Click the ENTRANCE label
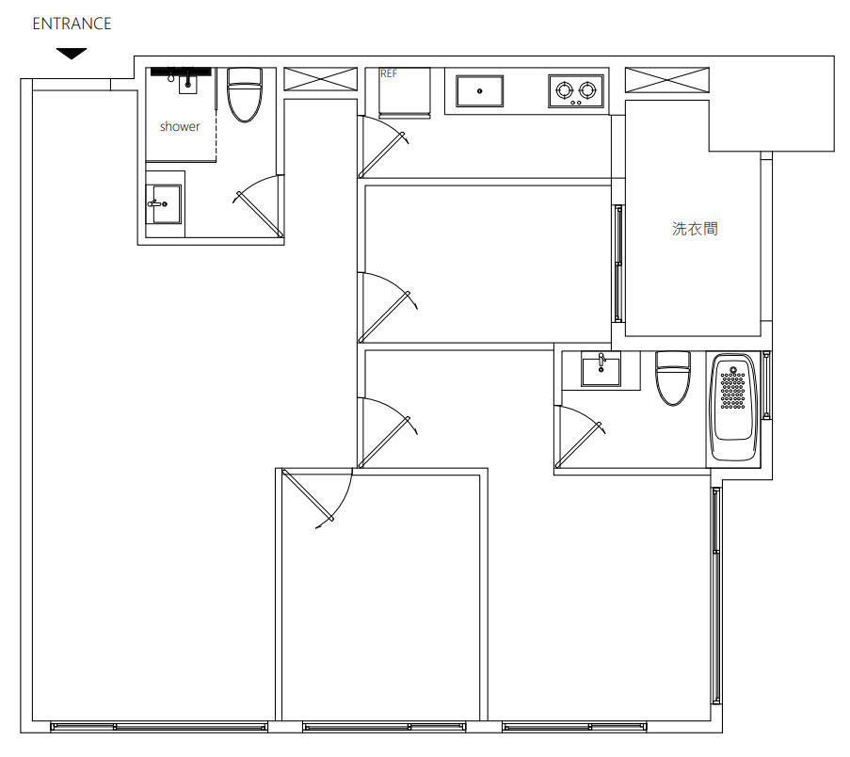72,24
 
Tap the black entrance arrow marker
72,54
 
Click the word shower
180,126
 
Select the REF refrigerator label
389,73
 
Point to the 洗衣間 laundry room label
695,228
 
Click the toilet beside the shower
245,94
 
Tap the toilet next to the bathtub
673,378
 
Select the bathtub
733,408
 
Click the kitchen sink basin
479,91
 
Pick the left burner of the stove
565,89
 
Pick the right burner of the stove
587,89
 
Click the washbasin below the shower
165,204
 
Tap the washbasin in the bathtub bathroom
601,371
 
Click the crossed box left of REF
321,79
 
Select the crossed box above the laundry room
667,80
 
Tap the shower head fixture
181,72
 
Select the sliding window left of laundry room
618,263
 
